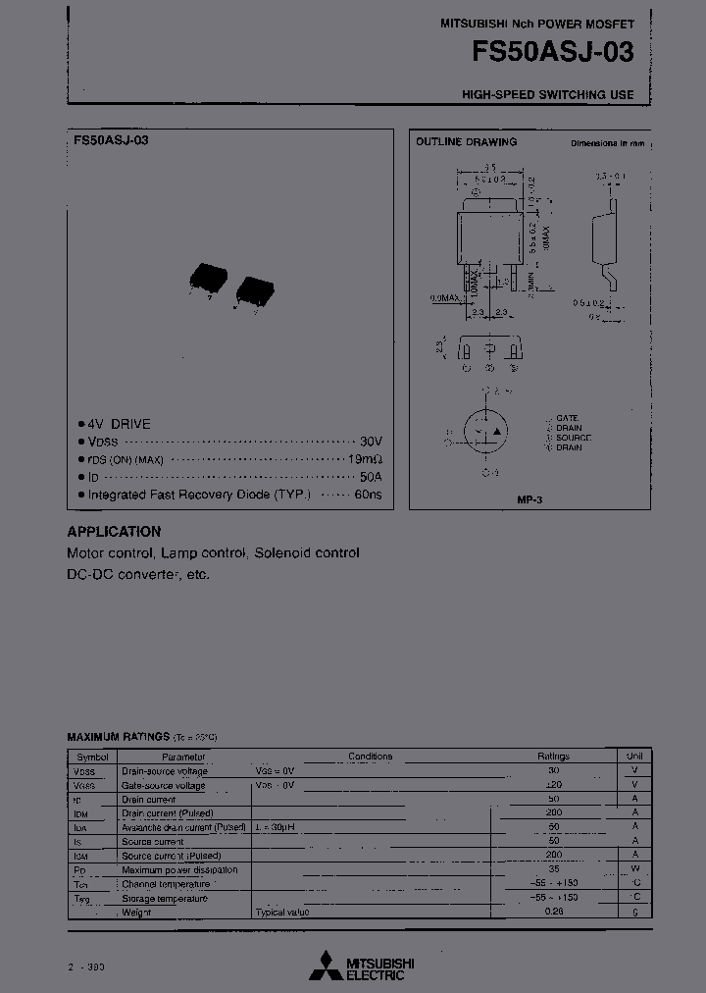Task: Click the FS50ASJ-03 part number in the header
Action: tap(552, 52)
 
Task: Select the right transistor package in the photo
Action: tap(254, 291)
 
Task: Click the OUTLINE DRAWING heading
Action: tap(466, 142)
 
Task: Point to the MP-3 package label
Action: tap(529, 499)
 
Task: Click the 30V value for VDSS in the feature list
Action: tap(371, 442)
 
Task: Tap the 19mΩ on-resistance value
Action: tap(366, 459)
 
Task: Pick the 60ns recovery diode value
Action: tap(368, 495)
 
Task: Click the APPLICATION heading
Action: tap(114, 531)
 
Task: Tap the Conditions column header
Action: tap(370, 757)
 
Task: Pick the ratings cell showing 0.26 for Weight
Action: tap(553, 913)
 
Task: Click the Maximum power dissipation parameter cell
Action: tap(179, 870)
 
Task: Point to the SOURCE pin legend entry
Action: tap(573, 438)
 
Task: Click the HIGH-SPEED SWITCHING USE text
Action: tap(548, 95)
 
